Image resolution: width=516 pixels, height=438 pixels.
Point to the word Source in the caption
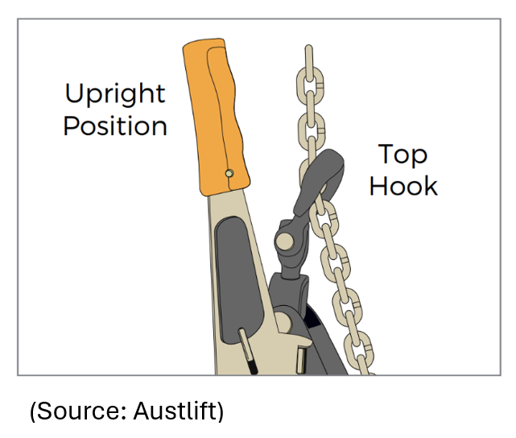click(x=76, y=412)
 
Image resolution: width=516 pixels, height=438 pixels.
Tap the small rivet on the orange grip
click(x=229, y=172)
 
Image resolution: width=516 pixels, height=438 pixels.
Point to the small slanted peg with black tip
click(x=248, y=351)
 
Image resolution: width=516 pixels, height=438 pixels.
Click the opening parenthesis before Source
click(x=33, y=412)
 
